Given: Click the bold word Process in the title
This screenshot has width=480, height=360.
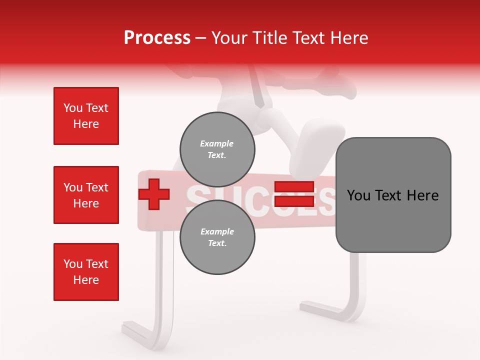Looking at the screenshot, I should pyautogui.click(x=157, y=38).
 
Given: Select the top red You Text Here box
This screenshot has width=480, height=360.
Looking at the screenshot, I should pyautogui.click(x=86, y=116).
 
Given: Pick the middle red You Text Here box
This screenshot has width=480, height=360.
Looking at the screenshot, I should pyautogui.click(x=86, y=195).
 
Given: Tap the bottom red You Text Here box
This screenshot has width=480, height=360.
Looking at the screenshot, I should pyautogui.click(x=86, y=271).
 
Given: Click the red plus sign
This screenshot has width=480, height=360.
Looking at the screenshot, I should pyautogui.click(x=154, y=194).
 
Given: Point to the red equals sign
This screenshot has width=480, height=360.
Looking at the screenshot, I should pyautogui.click(x=294, y=194).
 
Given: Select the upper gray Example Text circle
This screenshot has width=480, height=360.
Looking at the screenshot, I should pyautogui.click(x=217, y=149).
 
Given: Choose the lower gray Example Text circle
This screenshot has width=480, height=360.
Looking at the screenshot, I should pyautogui.click(x=217, y=237).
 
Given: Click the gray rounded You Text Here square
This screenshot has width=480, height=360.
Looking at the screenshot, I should pyautogui.click(x=393, y=195).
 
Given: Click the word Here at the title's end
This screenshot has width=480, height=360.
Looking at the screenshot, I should pyautogui.click(x=349, y=38).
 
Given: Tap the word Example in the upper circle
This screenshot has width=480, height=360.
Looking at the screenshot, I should pyautogui.click(x=217, y=143).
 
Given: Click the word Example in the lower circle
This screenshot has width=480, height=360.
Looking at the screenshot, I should pyautogui.click(x=217, y=231).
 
